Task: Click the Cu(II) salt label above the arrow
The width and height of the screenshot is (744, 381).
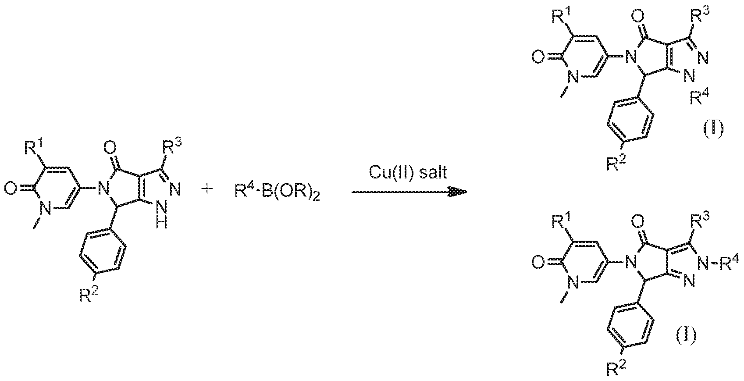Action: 408,173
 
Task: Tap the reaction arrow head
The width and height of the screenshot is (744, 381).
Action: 458,192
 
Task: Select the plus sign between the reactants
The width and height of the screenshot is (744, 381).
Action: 207,190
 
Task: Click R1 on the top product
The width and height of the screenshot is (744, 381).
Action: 563,16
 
